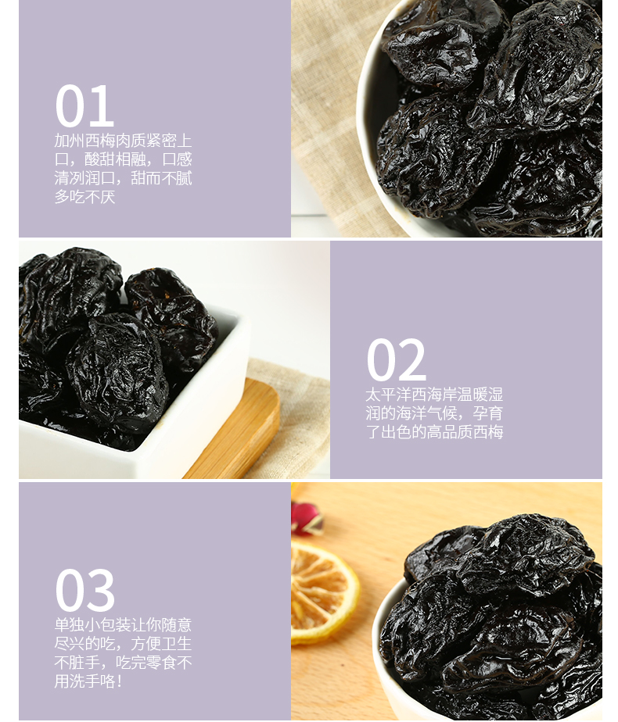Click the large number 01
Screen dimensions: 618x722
click(x=84, y=106)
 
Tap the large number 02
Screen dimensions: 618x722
click(x=396, y=359)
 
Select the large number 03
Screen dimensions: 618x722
click(x=84, y=590)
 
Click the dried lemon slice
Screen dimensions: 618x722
click(x=322, y=592)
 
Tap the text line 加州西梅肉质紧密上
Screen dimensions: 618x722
click(x=123, y=141)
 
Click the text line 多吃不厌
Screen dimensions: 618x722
click(x=84, y=197)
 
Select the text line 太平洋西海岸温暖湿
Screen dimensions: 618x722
click(x=434, y=395)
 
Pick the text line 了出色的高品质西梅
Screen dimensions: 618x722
click(x=434, y=432)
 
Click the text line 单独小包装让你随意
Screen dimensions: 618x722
click(x=123, y=625)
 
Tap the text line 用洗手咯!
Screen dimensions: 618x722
click(x=88, y=681)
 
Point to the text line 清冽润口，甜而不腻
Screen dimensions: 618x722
click(x=123, y=178)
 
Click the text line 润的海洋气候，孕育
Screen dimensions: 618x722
click(x=434, y=413)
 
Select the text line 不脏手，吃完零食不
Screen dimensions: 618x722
click(x=123, y=663)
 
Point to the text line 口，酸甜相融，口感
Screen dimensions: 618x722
click(x=123, y=159)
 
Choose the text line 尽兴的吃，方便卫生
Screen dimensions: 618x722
click(x=123, y=644)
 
